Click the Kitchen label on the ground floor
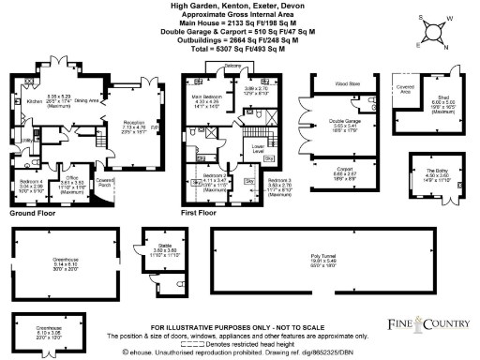[x=35, y=97]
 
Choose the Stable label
[x=165, y=247]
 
